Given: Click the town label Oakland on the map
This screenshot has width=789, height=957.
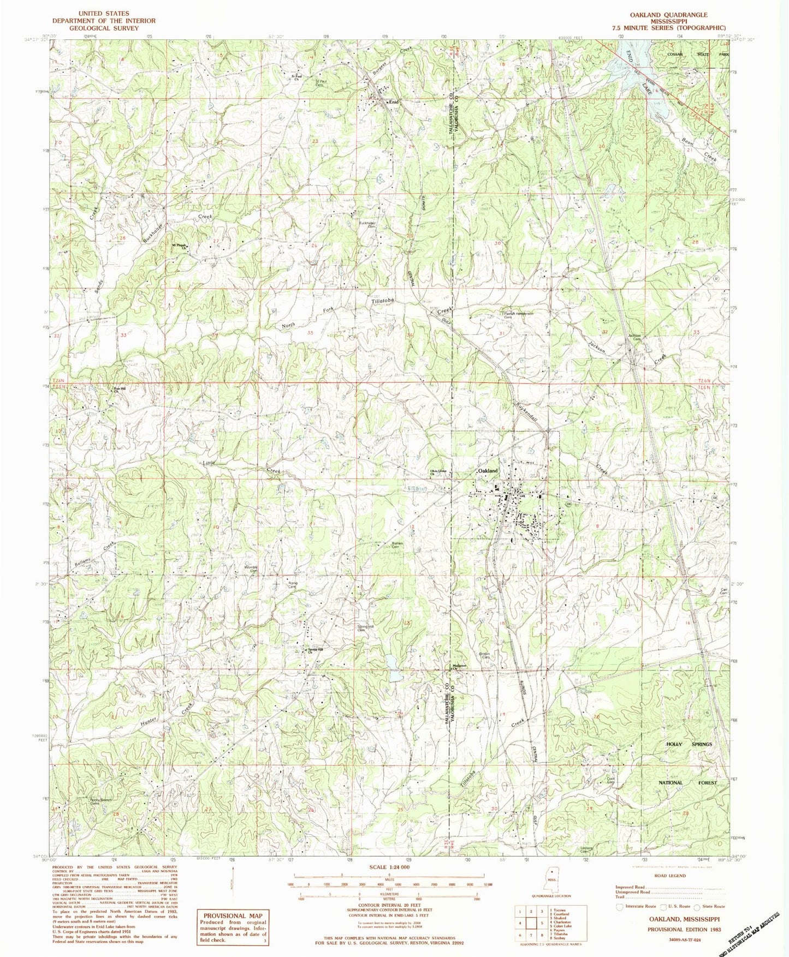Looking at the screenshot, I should point(488,470).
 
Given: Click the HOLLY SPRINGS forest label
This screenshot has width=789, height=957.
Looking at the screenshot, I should point(689,744).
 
